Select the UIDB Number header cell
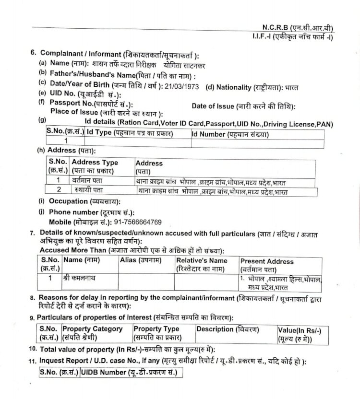coord(129,372)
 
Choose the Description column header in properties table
coord(228,329)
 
